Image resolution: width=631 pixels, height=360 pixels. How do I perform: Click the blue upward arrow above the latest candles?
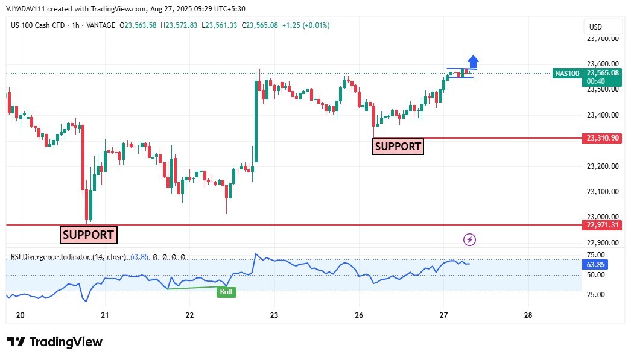pyautogui.click(x=474, y=61)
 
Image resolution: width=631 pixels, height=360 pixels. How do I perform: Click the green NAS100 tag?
pyautogui.click(x=566, y=74)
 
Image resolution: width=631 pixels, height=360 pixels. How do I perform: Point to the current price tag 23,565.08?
pyautogui.click(x=603, y=73)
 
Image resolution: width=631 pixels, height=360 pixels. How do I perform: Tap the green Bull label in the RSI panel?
pyautogui.click(x=226, y=292)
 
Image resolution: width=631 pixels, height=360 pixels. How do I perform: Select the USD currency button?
pyautogui.click(x=595, y=27)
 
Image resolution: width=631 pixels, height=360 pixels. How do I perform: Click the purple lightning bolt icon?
pyautogui.click(x=469, y=240)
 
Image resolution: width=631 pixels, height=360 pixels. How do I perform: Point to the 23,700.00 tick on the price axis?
pyautogui.click(x=603, y=39)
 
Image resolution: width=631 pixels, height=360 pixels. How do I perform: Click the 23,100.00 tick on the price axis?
pyautogui.click(x=603, y=192)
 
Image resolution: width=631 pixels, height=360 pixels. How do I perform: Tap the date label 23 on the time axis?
pyautogui.click(x=274, y=315)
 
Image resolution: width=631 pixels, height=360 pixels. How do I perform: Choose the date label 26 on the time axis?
pyautogui.click(x=359, y=315)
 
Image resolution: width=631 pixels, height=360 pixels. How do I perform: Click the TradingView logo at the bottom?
pyautogui.click(x=55, y=342)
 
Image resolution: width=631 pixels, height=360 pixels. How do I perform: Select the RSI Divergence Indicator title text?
pyautogui.click(x=68, y=257)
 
